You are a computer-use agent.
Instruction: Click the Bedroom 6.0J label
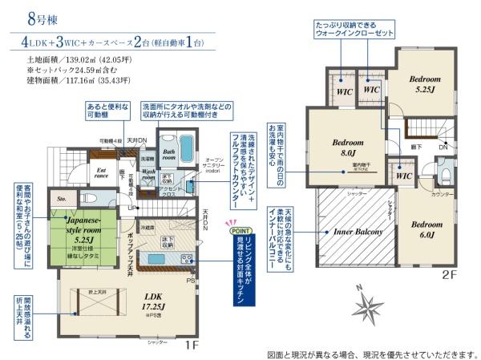pos(426,229)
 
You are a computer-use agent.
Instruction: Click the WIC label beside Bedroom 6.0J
pos(403,176)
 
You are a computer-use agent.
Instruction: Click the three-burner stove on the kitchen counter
pos(187,259)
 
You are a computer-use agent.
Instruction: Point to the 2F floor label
pos(442,273)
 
